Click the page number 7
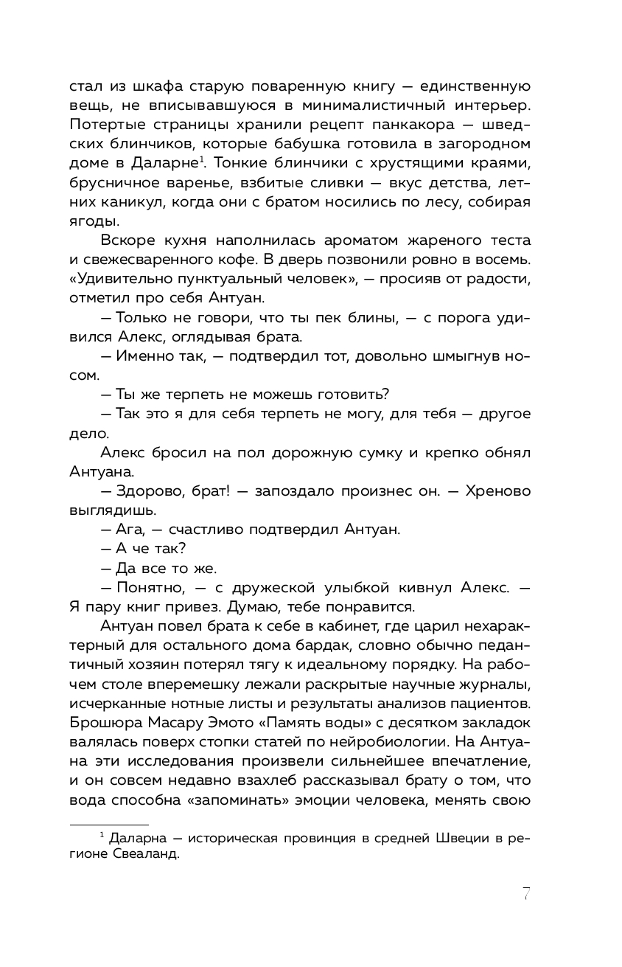[526, 893]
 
